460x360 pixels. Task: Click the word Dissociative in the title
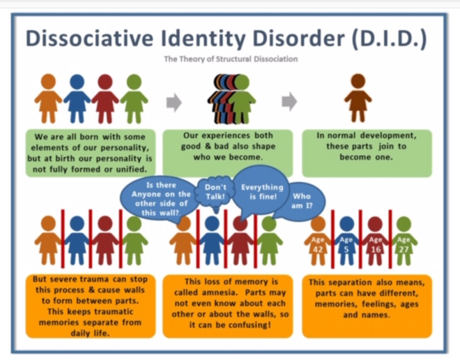90,38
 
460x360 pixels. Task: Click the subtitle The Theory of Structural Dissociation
231,59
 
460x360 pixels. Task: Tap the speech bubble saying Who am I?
302,201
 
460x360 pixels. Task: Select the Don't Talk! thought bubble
215,192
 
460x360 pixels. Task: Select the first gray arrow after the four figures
174,103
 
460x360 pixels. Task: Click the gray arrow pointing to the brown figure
289,102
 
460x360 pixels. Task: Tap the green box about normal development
367,153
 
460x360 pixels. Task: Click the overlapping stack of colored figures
231,99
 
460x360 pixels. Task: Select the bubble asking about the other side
160,199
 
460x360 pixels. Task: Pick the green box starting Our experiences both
228,153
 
